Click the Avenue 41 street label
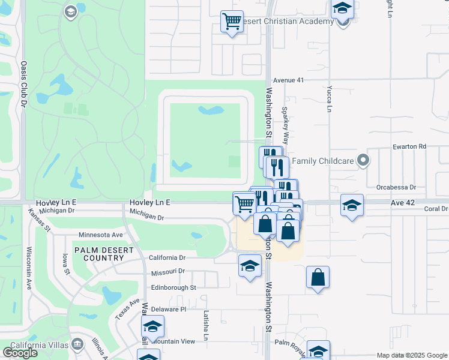click(x=289, y=80)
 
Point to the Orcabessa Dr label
click(x=396, y=187)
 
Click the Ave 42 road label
click(x=403, y=203)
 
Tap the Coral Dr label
click(x=436, y=209)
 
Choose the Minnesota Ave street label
click(x=101, y=235)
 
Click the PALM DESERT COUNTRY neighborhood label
click(x=100, y=253)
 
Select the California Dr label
click(x=167, y=257)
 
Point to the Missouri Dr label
click(x=167, y=271)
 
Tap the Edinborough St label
click(x=173, y=287)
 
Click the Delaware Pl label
click(x=169, y=309)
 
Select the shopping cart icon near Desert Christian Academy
click(x=232, y=21)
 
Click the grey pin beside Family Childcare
click(x=362, y=160)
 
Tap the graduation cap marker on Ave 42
click(x=352, y=205)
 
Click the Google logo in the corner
click(x=20, y=353)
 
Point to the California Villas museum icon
click(x=77, y=344)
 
